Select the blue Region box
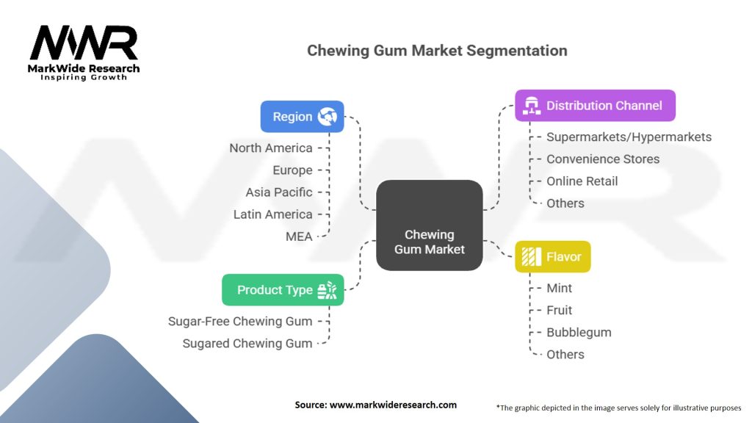(x=302, y=116)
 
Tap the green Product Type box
(x=283, y=290)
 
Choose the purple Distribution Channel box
(x=595, y=106)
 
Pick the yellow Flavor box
(x=552, y=257)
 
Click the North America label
(x=270, y=148)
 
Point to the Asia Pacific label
(x=278, y=192)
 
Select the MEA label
(x=299, y=236)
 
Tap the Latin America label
(x=272, y=214)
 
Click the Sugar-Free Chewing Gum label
(x=240, y=321)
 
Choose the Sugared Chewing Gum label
(x=247, y=343)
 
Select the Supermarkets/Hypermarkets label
(x=629, y=137)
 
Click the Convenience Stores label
(x=603, y=159)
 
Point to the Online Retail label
(x=582, y=181)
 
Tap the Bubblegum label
(x=579, y=332)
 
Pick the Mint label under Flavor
(x=559, y=288)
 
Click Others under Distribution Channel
(x=565, y=203)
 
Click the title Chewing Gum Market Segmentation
(x=437, y=51)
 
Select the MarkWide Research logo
(x=84, y=53)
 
